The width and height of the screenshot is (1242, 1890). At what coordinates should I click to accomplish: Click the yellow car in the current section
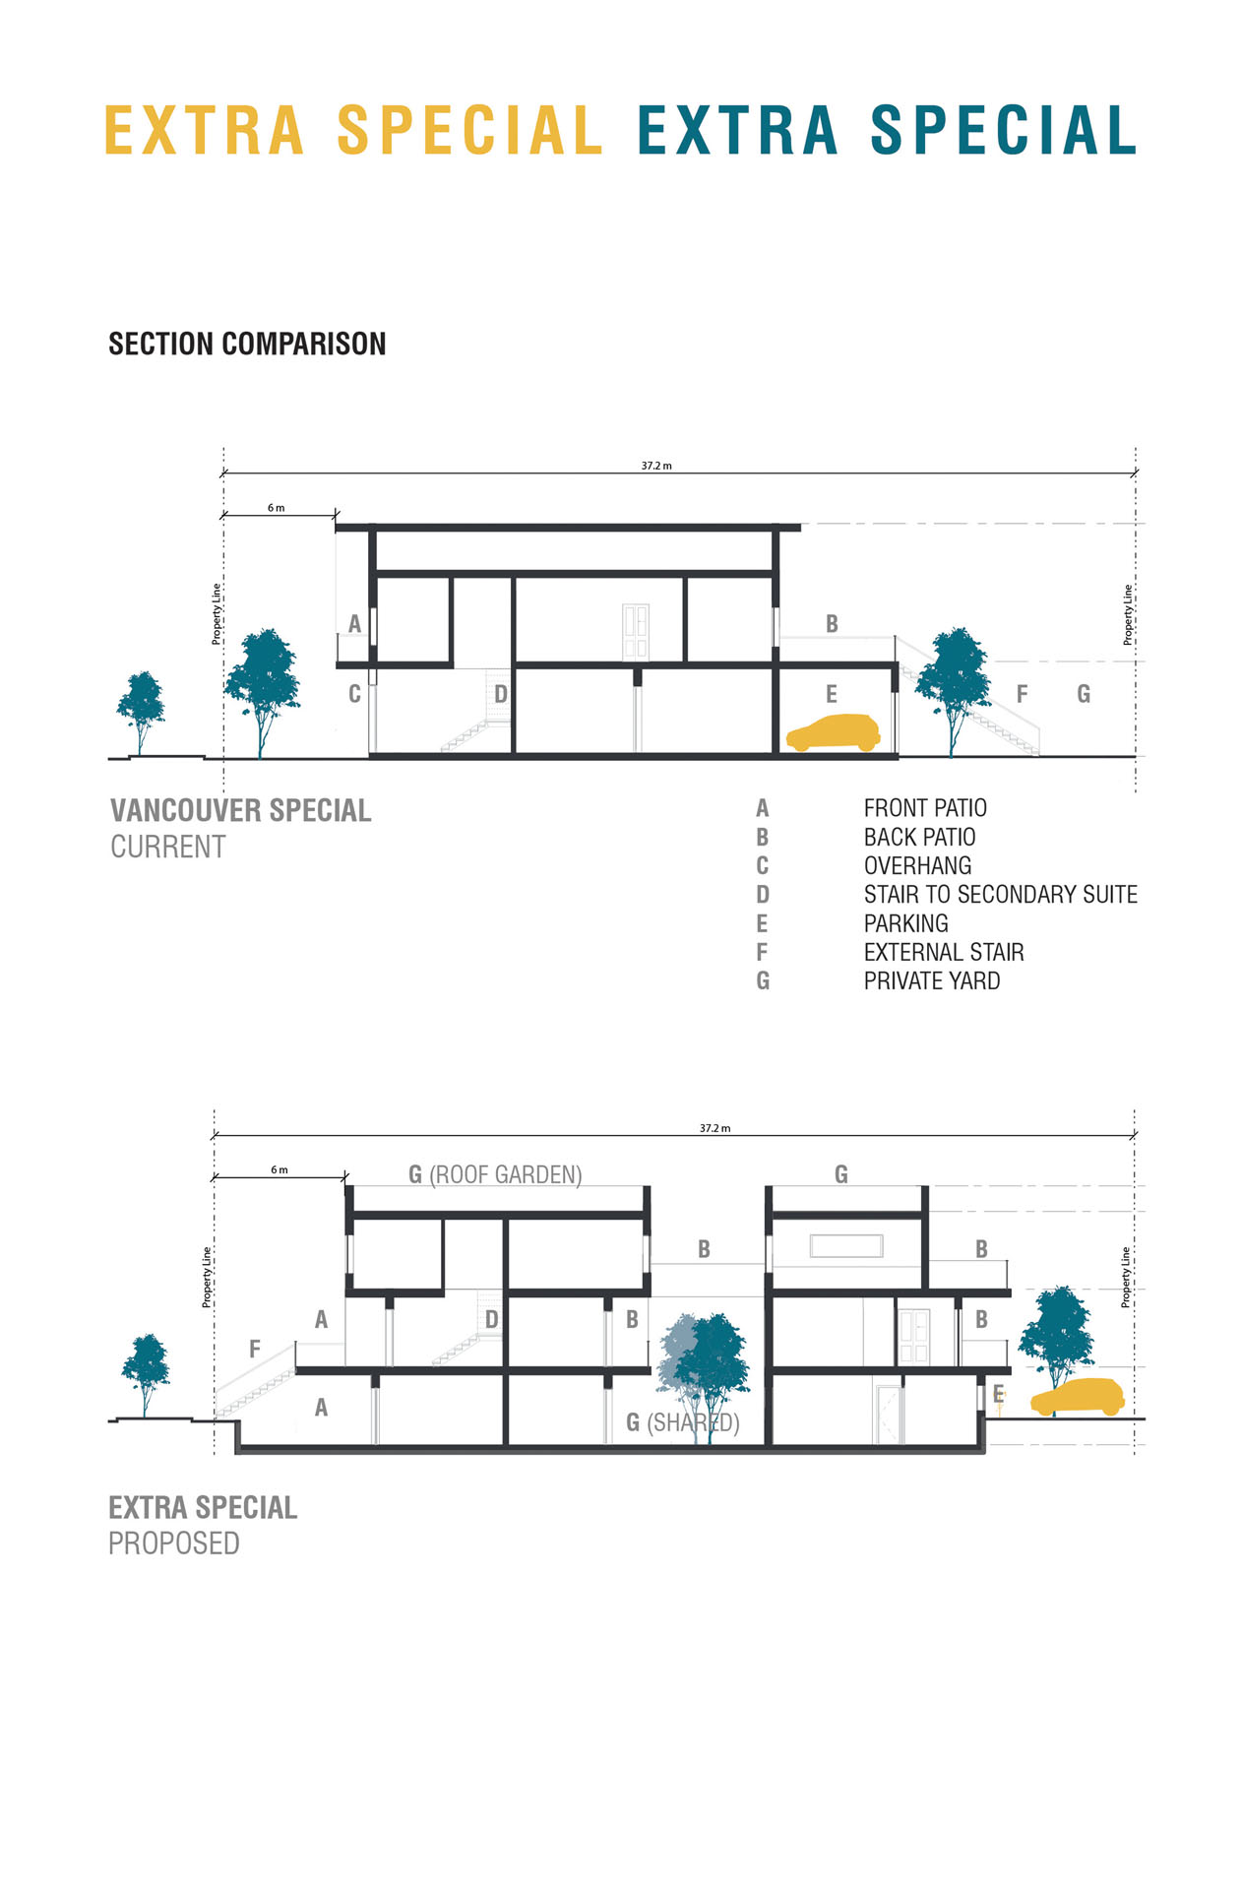[833, 733]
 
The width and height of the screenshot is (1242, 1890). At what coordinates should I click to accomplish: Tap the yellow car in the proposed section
[1078, 1397]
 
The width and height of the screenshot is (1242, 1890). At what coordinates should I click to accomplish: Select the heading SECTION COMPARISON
[247, 344]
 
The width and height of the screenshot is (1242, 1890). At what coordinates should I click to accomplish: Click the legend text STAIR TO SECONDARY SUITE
[1000, 895]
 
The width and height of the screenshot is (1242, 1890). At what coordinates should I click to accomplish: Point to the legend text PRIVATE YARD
[931, 981]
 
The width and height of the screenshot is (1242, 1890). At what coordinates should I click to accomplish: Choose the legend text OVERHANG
[917, 866]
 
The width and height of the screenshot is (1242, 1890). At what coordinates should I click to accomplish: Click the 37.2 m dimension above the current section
[656, 466]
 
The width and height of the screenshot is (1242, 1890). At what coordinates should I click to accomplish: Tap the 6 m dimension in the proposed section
[279, 1169]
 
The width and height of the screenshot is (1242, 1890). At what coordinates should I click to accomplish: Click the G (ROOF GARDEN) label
[495, 1174]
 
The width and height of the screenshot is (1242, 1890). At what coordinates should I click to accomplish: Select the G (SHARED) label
[682, 1422]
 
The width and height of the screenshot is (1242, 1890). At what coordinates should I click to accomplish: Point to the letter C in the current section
[354, 694]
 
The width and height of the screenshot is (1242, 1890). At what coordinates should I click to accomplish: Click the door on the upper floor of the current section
[636, 631]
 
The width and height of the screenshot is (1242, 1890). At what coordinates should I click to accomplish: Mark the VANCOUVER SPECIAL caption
[240, 811]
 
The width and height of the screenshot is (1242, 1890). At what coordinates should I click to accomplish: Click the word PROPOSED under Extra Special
[174, 1543]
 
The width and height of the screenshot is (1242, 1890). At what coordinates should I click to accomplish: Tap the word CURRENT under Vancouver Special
[167, 847]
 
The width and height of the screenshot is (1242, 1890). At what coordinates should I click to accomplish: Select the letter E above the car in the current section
[832, 695]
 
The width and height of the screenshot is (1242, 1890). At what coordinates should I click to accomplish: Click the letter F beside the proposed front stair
[255, 1350]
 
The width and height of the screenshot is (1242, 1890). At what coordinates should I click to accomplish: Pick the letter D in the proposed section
[491, 1320]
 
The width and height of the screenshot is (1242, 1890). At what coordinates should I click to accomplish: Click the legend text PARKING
[905, 923]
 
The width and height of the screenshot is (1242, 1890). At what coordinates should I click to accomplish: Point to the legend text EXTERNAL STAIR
[943, 953]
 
